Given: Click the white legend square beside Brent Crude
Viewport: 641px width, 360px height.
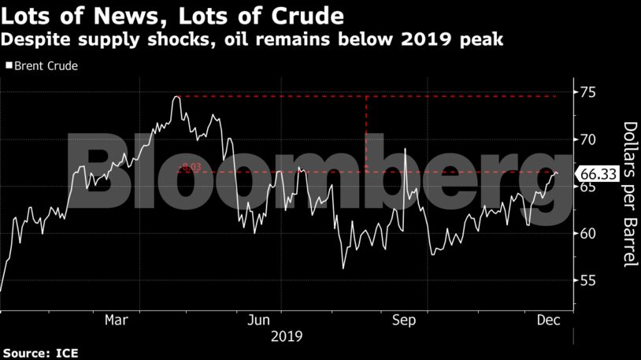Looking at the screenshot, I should [8, 66].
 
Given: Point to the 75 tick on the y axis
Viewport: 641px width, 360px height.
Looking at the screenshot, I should [587, 92].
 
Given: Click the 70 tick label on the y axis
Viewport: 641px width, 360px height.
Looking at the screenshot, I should [587, 139].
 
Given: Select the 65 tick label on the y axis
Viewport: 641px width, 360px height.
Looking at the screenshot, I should [587, 187].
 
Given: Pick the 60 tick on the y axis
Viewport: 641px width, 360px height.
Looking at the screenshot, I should [587, 233].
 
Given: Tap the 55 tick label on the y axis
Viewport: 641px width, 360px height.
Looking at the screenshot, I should [587, 280].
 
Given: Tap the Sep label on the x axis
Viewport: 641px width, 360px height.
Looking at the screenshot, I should [404, 321].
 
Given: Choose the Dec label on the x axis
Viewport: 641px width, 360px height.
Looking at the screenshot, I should [548, 321].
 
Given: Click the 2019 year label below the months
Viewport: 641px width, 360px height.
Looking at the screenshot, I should [284, 336].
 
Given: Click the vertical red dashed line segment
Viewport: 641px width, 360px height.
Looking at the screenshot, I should [367, 134].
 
